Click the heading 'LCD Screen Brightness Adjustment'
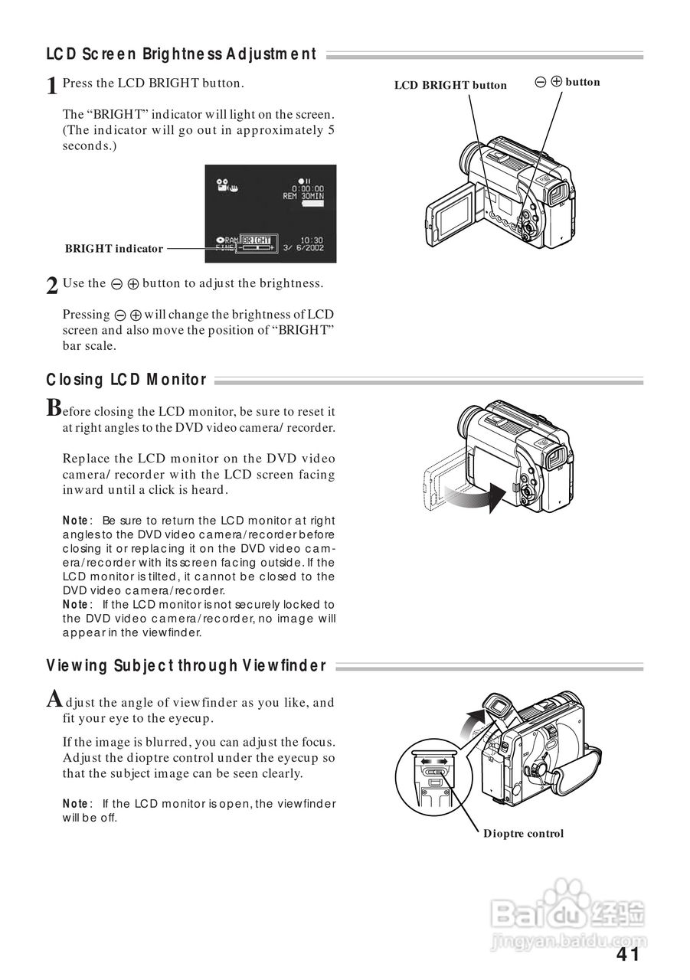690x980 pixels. click(181, 54)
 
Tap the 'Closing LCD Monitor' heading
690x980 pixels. click(126, 380)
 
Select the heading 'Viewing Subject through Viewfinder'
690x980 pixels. click(186, 666)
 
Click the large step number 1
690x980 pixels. click(52, 86)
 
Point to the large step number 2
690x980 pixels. click(52, 286)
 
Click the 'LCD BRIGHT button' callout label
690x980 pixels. click(450, 85)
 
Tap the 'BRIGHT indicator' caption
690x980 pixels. click(114, 248)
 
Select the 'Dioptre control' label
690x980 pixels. click(523, 833)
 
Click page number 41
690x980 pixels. click(627, 954)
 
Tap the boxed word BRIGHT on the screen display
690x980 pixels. click(257, 240)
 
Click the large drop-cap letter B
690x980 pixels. click(54, 407)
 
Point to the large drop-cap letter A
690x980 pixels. click(54, 698)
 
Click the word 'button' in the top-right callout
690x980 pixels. click(583, 82)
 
